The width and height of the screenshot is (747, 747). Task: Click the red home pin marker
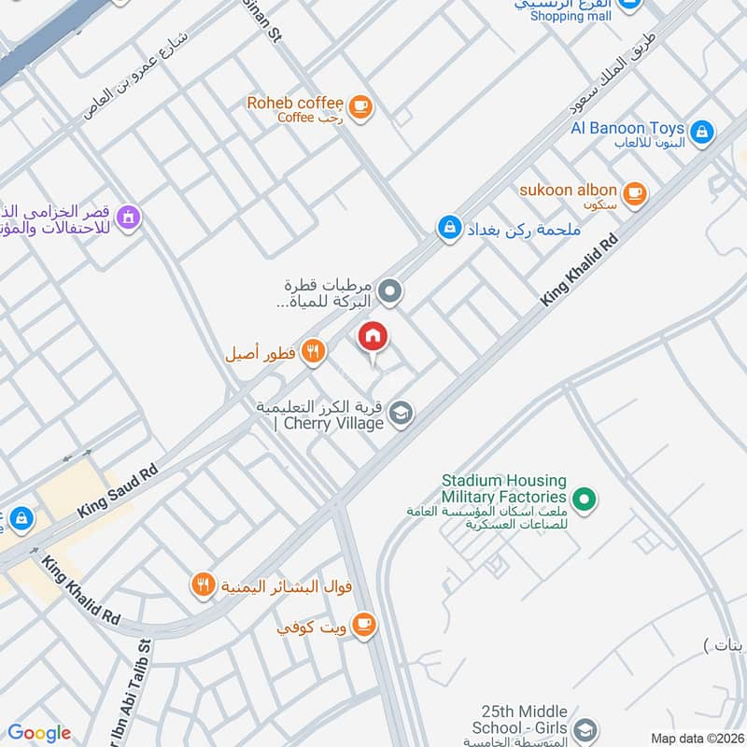coord(373,337)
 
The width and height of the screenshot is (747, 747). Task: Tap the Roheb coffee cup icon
coord(362,107)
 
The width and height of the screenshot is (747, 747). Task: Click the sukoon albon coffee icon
coord(635,193)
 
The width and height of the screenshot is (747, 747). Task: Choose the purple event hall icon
coord(129,218)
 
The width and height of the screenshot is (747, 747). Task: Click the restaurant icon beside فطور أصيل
coord(313,352)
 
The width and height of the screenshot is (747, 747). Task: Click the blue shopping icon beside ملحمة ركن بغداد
coord(450,228)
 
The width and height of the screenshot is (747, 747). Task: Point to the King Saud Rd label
coord(118,492)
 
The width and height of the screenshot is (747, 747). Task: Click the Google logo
coord(39,733)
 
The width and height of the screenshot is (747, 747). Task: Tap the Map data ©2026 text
coord(695,739)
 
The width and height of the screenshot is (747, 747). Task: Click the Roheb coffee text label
coord(295,103)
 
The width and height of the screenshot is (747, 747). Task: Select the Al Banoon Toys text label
coord(628,128)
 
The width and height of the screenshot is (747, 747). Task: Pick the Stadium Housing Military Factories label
coord(504,489)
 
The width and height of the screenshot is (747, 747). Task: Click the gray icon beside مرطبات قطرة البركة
coord(392,292)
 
